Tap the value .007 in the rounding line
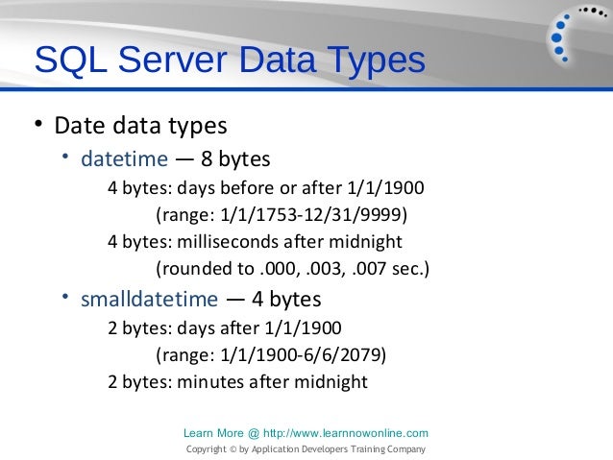click(x=376, y=267)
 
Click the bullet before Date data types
click(x=37, y=126)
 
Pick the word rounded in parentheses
click(x=194, y=267)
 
